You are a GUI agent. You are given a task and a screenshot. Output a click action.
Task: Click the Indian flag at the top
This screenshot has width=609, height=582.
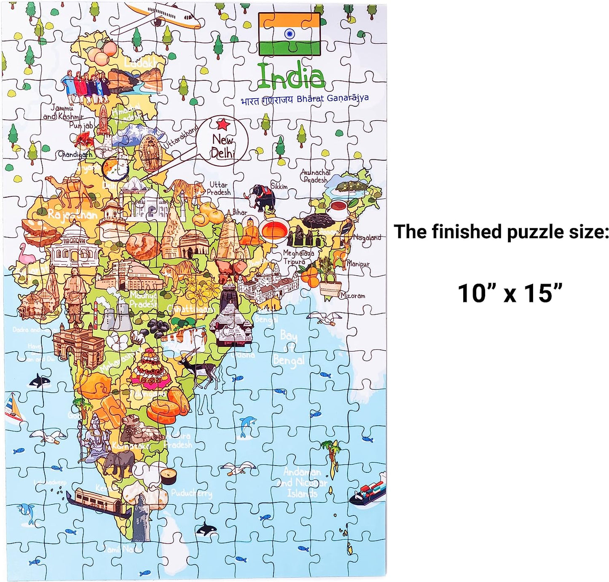(x=289, y=34)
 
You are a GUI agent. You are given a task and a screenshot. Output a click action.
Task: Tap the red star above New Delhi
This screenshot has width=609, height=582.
(x=223, y=124)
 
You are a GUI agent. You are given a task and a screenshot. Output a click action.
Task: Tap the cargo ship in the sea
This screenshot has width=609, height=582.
(x=368, y=491)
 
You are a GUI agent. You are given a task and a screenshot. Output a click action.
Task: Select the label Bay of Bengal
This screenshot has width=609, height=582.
(x=289, y=348)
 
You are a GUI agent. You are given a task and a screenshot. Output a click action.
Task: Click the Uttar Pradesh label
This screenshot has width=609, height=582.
(x=219, y=188)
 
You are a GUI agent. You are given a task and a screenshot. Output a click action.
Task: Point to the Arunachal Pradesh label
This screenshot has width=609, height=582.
(x=315, y=176)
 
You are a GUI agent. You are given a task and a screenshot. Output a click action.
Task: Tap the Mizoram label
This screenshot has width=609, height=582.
(x=353, y=295)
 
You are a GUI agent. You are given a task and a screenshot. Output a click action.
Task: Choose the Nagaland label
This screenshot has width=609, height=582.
(x=367, y=237)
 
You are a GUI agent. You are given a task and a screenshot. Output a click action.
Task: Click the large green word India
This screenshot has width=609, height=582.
(x=291, y=76)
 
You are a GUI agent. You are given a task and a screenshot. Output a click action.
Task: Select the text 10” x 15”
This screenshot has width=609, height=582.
(x=510, y=293)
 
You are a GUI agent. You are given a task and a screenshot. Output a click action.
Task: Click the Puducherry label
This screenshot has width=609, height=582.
(x=192, y=493)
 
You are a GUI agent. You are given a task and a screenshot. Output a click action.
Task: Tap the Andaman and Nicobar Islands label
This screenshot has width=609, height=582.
(x=303, y=483)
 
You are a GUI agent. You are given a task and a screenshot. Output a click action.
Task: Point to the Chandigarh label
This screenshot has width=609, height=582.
(x=75, y=154)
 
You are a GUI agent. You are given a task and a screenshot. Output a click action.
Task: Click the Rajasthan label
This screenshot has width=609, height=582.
(x=72, y=215)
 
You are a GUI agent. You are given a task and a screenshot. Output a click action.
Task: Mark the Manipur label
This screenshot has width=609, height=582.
(x=358, y=264)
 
